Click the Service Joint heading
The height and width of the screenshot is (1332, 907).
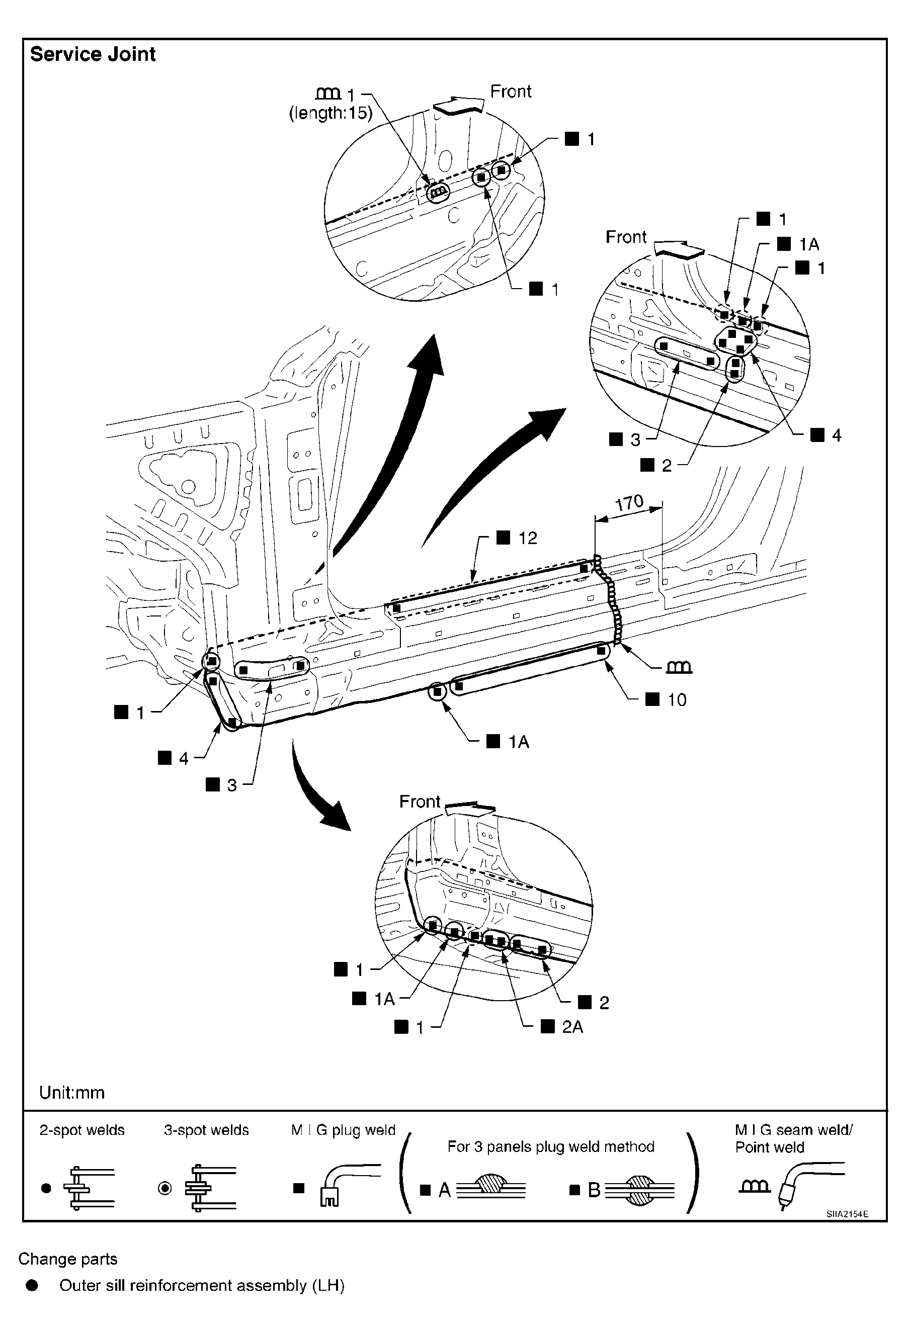93,54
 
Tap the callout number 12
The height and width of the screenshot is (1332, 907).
528,538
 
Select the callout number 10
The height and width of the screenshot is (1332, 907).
677,700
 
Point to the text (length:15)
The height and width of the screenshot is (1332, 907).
331,114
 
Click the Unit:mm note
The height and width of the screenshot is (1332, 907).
71,1093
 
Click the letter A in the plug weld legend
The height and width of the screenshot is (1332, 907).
444,1190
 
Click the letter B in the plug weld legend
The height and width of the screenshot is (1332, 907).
594,1190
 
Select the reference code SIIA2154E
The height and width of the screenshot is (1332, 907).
847,1214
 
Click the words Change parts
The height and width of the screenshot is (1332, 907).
67,1259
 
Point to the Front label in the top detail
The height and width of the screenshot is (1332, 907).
511,91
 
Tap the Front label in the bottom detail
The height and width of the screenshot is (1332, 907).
420,802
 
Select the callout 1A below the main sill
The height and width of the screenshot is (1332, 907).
518,742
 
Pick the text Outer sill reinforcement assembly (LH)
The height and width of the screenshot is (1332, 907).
202,1286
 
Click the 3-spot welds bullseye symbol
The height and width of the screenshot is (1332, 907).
164,1189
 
